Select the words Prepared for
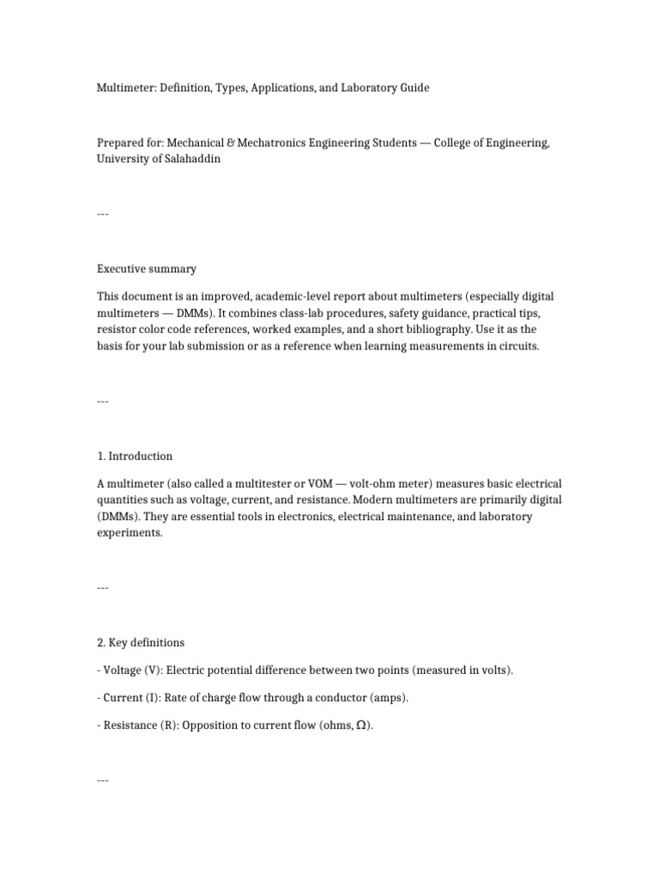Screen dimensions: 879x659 point(129,143)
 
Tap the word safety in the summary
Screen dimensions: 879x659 point(399,313)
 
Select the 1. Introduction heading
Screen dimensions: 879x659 point(135,456)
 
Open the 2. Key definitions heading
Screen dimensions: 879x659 point(141,642)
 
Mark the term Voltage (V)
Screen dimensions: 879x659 point(129,670)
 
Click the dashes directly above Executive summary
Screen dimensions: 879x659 point(103,214)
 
